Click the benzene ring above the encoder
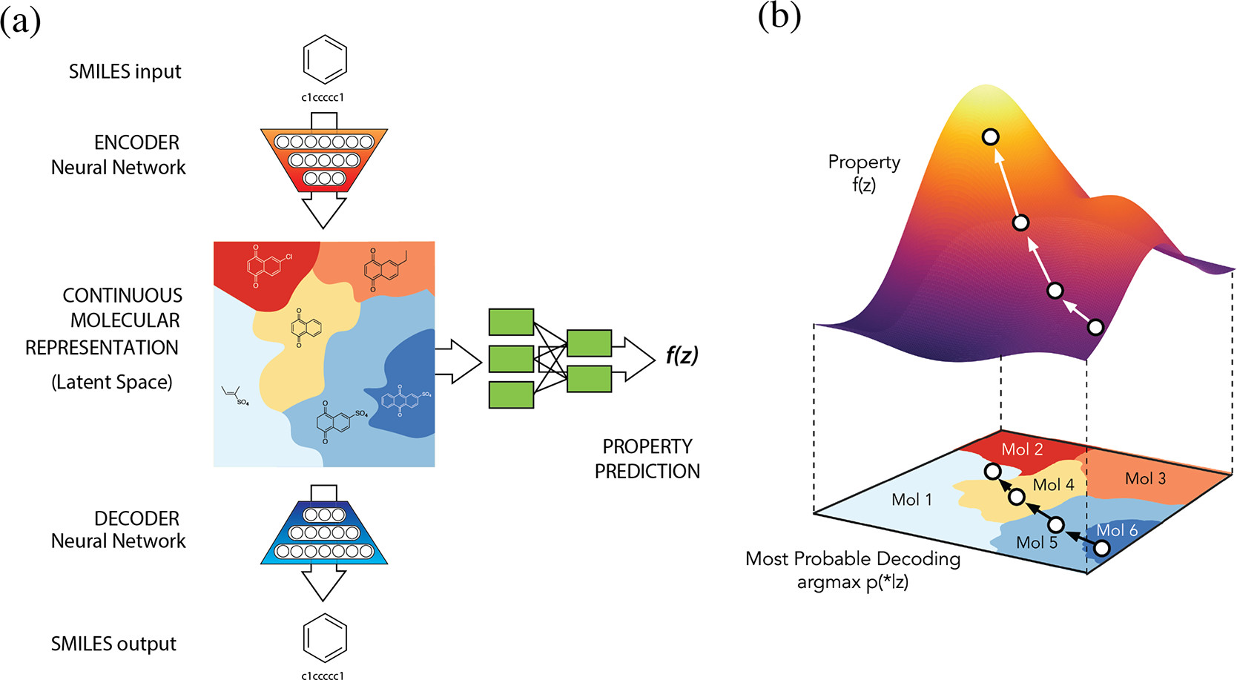[325, 59]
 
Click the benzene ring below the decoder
[325, 638]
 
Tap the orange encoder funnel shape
[324, 159]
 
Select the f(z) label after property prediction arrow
[681, 356]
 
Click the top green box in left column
[511, 323]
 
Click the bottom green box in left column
[511, 395]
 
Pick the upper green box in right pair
[589, 343]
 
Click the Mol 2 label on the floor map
[1022, 449]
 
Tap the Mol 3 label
[1145, 479]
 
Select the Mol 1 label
[911, 500]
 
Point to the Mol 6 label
[1117, 530]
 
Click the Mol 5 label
[1036, 543]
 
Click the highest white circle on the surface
[990, 136]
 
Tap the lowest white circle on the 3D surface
[1095, 326]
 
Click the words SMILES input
[125, 72]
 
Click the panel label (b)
[779, 16]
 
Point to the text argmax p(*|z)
[852, 582]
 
